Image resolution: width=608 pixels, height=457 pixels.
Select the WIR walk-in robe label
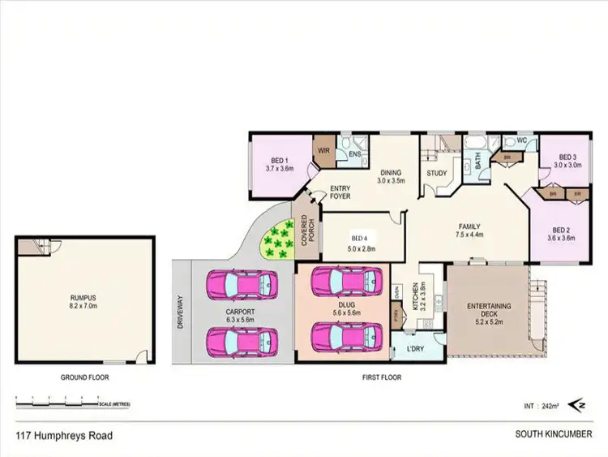point(323,150)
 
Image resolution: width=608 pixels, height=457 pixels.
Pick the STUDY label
point(436,172)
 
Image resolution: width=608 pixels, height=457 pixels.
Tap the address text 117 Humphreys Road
point(64,435)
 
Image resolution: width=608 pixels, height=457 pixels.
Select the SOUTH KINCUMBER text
point(554,434)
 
